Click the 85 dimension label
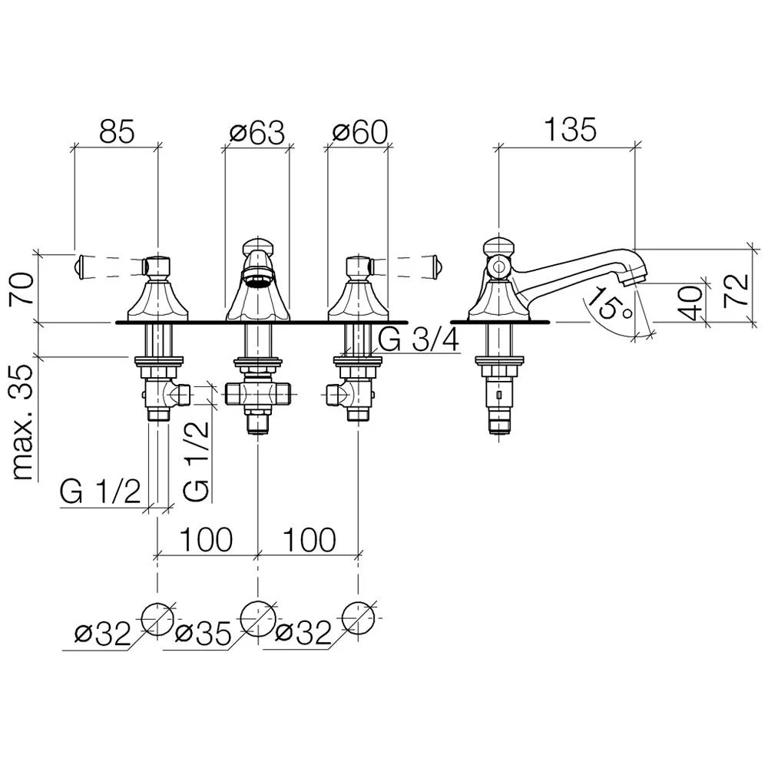click(117, 131)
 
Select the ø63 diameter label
click(257, 132)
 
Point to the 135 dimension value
click(571, 130)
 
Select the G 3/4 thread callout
click(419, 340)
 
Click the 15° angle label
click(608, 303)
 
